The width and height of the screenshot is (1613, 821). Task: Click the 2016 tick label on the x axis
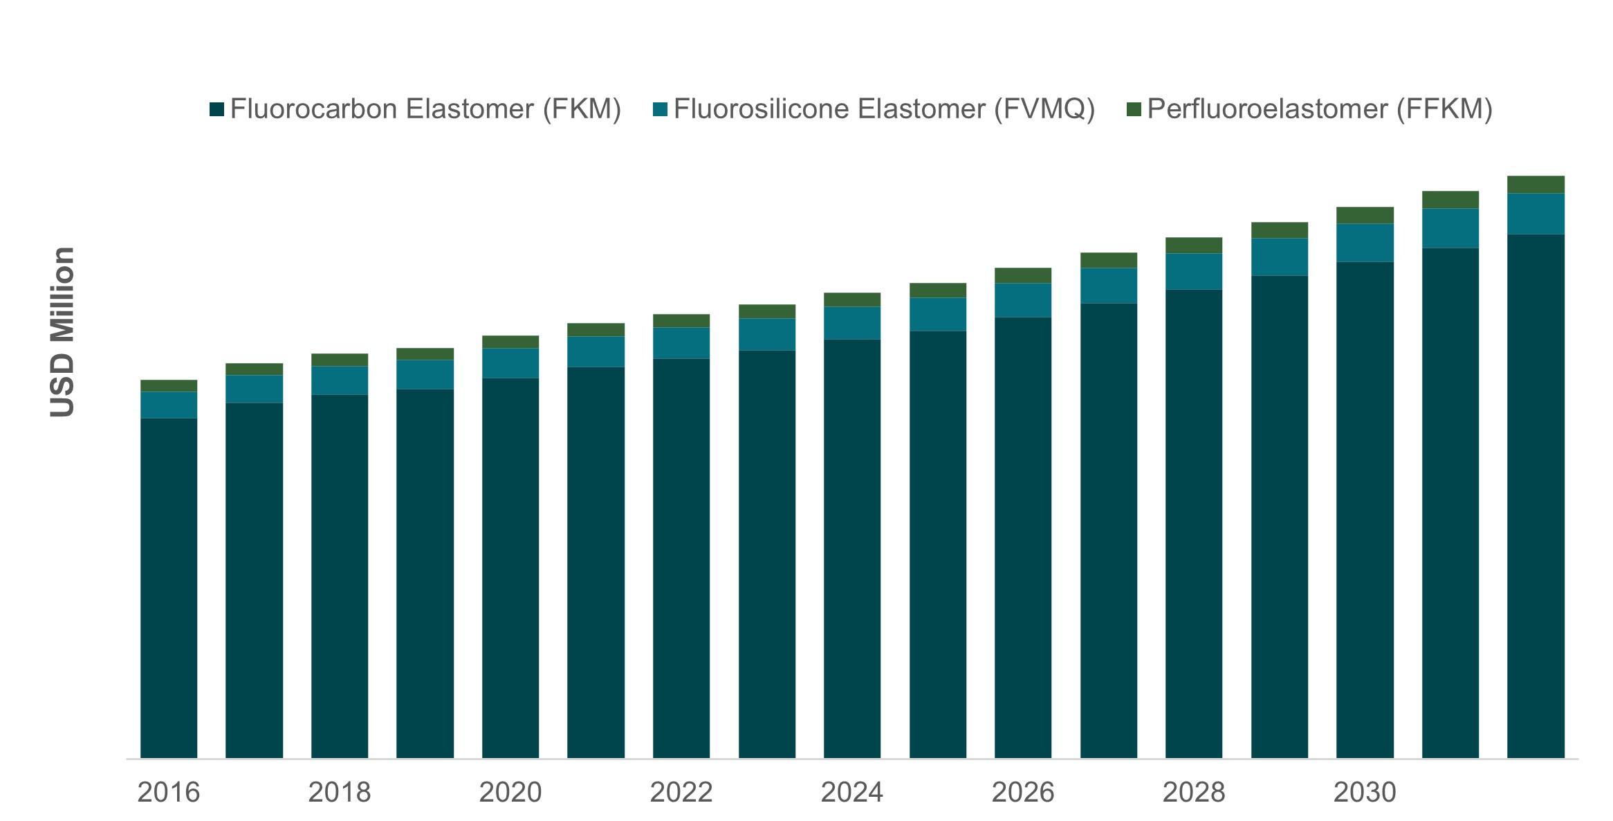coord(168,792)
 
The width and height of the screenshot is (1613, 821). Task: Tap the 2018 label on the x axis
coord(339,792)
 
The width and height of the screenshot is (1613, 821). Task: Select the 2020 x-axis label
coord(510,792)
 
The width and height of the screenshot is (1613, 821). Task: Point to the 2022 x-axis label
coord(681,792)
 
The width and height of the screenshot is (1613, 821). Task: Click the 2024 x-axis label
coord(851,792)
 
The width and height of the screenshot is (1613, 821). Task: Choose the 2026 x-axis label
coord(1022,792)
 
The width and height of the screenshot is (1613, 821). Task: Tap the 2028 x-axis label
coord(1193,792)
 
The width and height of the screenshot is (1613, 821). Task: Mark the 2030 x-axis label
coord(1364,792)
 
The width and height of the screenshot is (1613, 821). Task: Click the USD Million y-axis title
coord(62,332)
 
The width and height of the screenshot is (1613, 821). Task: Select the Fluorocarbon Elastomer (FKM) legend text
coord(425,109)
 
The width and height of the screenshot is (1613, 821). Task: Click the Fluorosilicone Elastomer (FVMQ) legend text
coord(884,109)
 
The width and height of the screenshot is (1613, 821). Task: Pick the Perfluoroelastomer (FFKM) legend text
coord(1320,109)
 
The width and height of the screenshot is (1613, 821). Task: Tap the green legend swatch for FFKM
coord(1134,109)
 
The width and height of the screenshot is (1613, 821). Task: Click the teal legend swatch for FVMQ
coord(660,109)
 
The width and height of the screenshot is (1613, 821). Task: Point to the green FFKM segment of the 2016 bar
coord(169,386)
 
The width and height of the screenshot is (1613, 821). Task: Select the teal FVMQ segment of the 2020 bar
coord(510,363)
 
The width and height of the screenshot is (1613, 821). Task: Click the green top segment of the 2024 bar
coord(852,299)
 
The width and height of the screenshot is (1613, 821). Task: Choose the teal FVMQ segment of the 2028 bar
coord(1194,271)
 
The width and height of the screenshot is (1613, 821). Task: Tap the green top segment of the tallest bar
coord(1536,185)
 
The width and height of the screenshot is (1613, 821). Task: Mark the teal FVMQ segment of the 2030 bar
coord(1365,243)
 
